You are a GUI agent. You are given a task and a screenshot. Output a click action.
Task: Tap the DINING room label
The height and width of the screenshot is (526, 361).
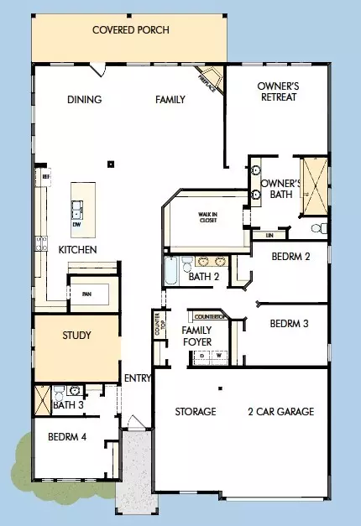pyautogui.click(x=84, y=100)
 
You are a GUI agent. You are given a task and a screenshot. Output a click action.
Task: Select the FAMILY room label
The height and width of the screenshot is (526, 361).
pyautogui.click(x=170, y=100)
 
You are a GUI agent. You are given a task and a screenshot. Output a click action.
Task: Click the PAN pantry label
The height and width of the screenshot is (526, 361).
pyautogui.click(x=86, y=294)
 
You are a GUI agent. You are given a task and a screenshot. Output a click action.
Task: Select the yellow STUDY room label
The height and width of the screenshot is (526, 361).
pyautogui.click(x=76, y=336)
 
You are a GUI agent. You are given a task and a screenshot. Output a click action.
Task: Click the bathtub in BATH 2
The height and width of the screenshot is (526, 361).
pyautogui.click(x=170, y=272)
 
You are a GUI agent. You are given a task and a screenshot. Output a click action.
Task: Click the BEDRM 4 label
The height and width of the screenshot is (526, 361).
pyautogui.click(x=68, y=436)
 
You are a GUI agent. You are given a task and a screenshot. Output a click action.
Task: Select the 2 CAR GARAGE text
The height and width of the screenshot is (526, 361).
pyautogui.click(x=280, y=412)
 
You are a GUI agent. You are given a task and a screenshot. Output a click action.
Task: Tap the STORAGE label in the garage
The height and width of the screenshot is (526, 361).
pyautogui.click(x=196, y=412)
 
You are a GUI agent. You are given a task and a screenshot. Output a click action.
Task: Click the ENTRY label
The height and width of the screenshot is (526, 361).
pyautogui.click(x=137, y=378)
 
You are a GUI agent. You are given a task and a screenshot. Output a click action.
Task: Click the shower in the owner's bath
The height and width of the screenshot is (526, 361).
pyautogui.click(x=314, y=176)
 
